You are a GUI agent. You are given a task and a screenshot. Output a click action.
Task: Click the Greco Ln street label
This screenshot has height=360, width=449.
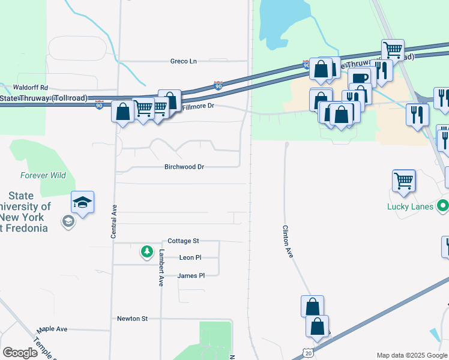[184, 61]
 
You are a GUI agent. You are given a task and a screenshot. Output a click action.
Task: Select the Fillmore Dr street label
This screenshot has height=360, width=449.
[197, 106]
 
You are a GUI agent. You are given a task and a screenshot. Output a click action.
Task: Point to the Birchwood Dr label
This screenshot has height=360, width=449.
[184, 167]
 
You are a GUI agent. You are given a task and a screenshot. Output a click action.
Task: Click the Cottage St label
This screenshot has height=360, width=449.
[183, 241]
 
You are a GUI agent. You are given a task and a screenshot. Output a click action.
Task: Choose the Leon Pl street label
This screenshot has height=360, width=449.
[190, 257]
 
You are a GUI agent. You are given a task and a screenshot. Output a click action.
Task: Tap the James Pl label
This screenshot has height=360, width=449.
[191, 275]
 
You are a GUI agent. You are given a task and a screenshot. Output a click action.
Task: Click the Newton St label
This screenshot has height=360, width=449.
[132, 319]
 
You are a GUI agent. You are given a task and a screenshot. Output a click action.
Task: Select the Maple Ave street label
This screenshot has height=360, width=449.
[52, 329]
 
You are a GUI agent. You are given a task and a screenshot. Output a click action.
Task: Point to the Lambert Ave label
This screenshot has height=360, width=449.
[161, 268]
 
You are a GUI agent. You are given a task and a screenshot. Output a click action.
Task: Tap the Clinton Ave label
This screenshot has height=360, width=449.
[288, 242]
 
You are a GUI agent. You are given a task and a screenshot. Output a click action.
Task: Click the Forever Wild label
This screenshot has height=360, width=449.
[43, 176]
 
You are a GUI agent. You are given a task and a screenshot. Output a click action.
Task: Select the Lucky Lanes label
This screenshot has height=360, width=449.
[411, 206]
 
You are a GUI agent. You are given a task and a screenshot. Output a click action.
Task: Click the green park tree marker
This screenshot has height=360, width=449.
[147, 252]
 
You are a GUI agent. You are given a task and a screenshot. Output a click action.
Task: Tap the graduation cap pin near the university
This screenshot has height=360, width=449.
[83, 202]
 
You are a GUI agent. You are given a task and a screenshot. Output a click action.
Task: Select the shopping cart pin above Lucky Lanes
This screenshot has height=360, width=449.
[404, 179]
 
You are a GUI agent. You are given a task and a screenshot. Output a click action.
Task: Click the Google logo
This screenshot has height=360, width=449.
[20, 353]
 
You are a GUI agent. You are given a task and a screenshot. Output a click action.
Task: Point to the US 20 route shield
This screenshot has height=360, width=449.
[307, 353]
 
